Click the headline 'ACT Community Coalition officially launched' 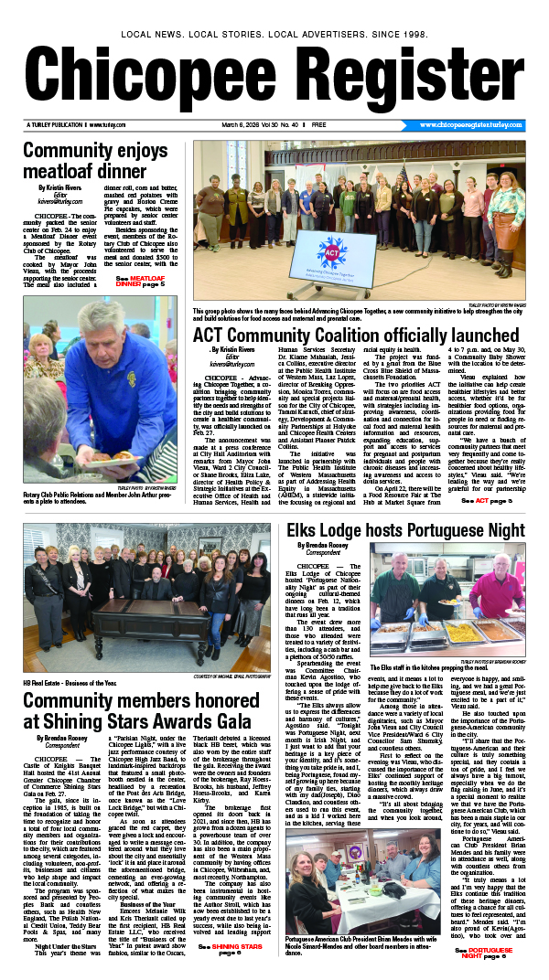pyautogui.click(x=357, y=336)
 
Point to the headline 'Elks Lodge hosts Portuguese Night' pyautogui.click(x=404, y=531)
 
